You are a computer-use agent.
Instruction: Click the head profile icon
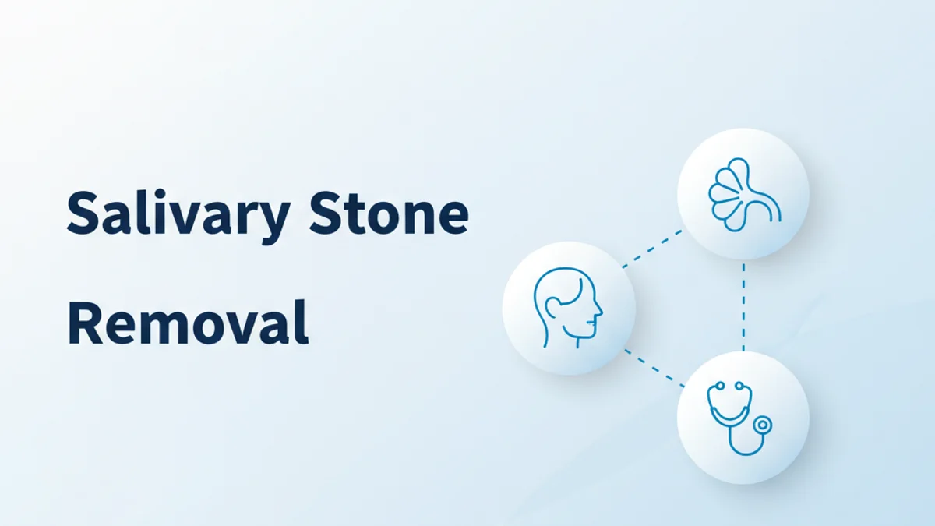[x=568, y=307]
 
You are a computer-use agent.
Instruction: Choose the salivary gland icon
[x=743, y=194]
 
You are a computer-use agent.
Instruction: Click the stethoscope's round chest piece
[x=763, y=425]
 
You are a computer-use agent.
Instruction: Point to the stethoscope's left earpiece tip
[x=717, y=385]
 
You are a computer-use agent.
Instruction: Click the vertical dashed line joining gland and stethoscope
[x=743, y=306]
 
